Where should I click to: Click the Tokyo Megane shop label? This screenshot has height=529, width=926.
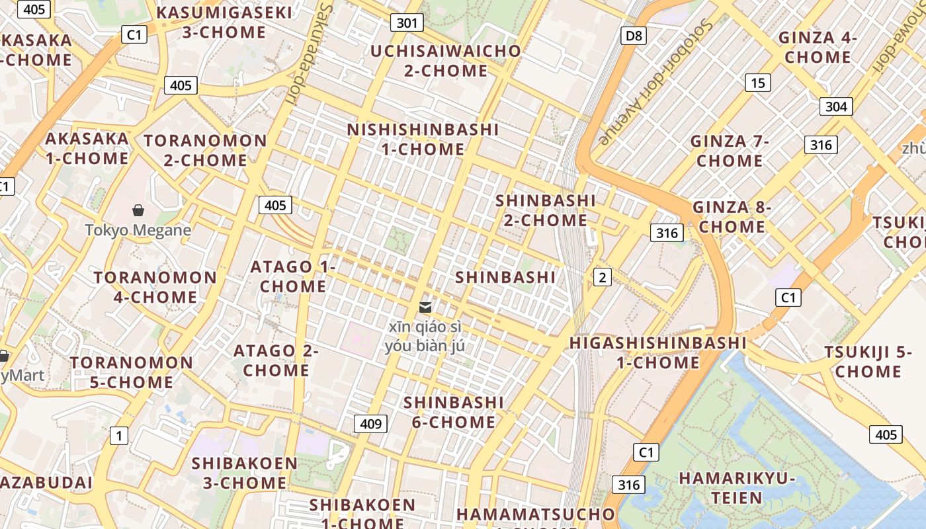[138, 230]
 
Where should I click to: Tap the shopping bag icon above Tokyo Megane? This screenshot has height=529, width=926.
[138, 211]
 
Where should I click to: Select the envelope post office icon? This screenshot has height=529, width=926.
[425, 307]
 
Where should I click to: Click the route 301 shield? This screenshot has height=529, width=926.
[407, 23]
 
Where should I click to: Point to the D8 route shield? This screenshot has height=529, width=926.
[634, 36]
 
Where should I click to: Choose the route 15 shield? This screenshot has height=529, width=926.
[758, 83]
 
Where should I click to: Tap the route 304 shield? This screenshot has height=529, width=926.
[836, 106]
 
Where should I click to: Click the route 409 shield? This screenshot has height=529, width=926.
[370, 424]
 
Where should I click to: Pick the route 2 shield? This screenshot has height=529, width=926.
[602, 277]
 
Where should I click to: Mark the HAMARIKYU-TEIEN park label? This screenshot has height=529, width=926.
[737, 487]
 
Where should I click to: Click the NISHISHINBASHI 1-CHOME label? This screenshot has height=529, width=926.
[423, 139]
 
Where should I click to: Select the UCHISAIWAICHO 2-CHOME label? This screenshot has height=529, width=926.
[446, 60]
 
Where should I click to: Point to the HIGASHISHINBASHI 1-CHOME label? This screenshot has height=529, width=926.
[658, 352]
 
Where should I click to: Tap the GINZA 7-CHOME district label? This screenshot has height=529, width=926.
[730, 151]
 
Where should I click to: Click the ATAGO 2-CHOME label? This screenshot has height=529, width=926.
[276, 360]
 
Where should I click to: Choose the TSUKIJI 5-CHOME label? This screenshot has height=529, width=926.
[868, 362]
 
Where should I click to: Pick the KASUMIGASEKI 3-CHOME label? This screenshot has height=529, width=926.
[224, 22]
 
